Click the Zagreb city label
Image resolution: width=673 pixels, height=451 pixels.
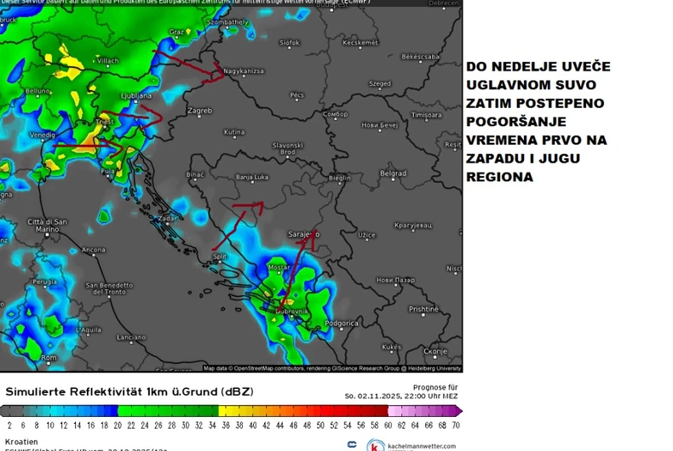click(199, 111)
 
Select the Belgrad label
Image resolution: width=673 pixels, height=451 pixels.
click(393, 173)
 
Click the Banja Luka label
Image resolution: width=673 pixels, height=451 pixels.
click(252, 178)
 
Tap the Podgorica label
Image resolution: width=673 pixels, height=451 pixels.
click(342, 323)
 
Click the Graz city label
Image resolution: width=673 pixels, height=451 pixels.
click(177, 31)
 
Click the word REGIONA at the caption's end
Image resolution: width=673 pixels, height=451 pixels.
click(500, 177)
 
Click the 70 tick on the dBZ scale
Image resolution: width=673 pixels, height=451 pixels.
click(456, 424)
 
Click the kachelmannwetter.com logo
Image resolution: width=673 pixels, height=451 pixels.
click(411, 445)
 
